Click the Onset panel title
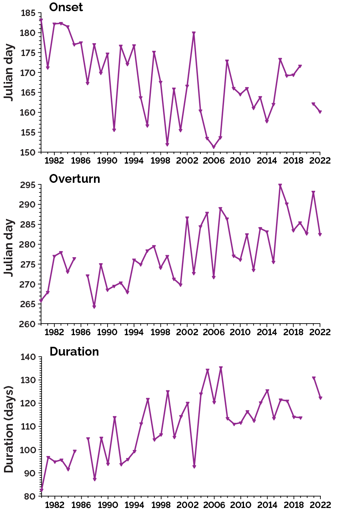coord(66,7)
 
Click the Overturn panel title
coord(74,179)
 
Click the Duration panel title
coord(74,352)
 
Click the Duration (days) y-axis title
coord(9,429)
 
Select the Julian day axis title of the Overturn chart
coord(9,247)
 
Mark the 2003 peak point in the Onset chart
coord(194,33)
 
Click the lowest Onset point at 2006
coord(214,147)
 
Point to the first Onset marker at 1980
coord(41,20)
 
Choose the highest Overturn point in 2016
coord(280,186)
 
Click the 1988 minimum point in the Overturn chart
coord(94,307)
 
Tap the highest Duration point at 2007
coord(220,368)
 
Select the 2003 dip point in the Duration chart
coord(194,467)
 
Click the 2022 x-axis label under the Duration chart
coord(320,505)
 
